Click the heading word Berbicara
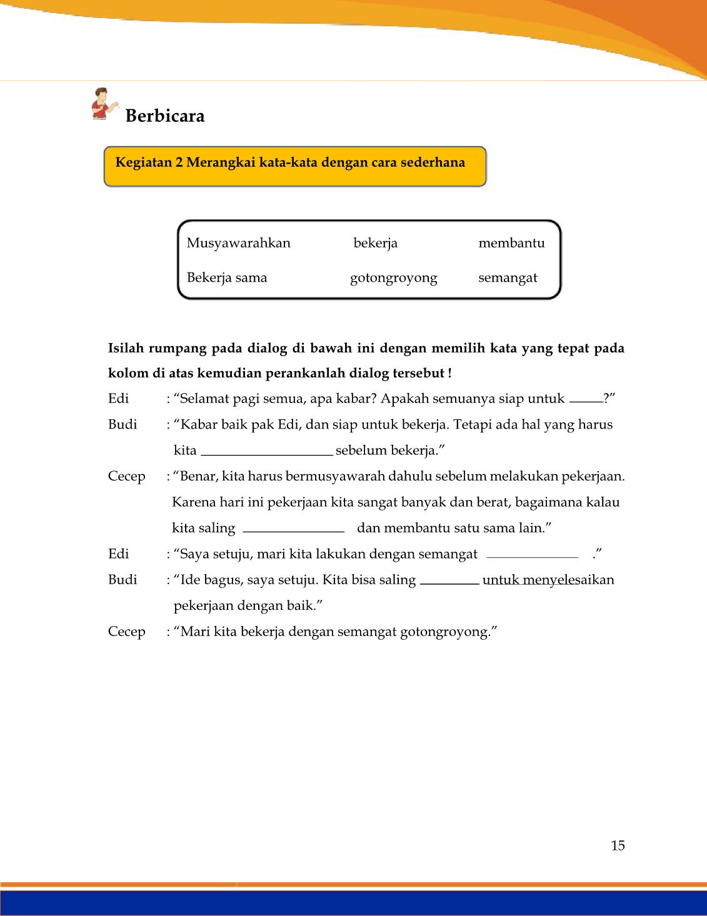point(165,116)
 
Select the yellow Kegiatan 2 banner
point(294,166)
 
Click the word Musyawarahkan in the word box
point(238,243)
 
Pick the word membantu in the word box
point(511,243)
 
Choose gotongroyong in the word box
point(393,278)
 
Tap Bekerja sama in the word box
point(226,278)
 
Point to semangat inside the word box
point(508,278)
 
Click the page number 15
point(618,845)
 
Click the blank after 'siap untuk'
point(586,401)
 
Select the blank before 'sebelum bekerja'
point(266,452)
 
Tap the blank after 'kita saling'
point(294,530)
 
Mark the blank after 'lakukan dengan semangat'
point(532,555)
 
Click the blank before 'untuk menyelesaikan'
point(449,582)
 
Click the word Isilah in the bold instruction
point(126,349)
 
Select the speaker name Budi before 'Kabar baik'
point(123,425)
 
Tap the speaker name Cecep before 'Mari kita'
point(126,632)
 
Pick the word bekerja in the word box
point(375,243)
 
